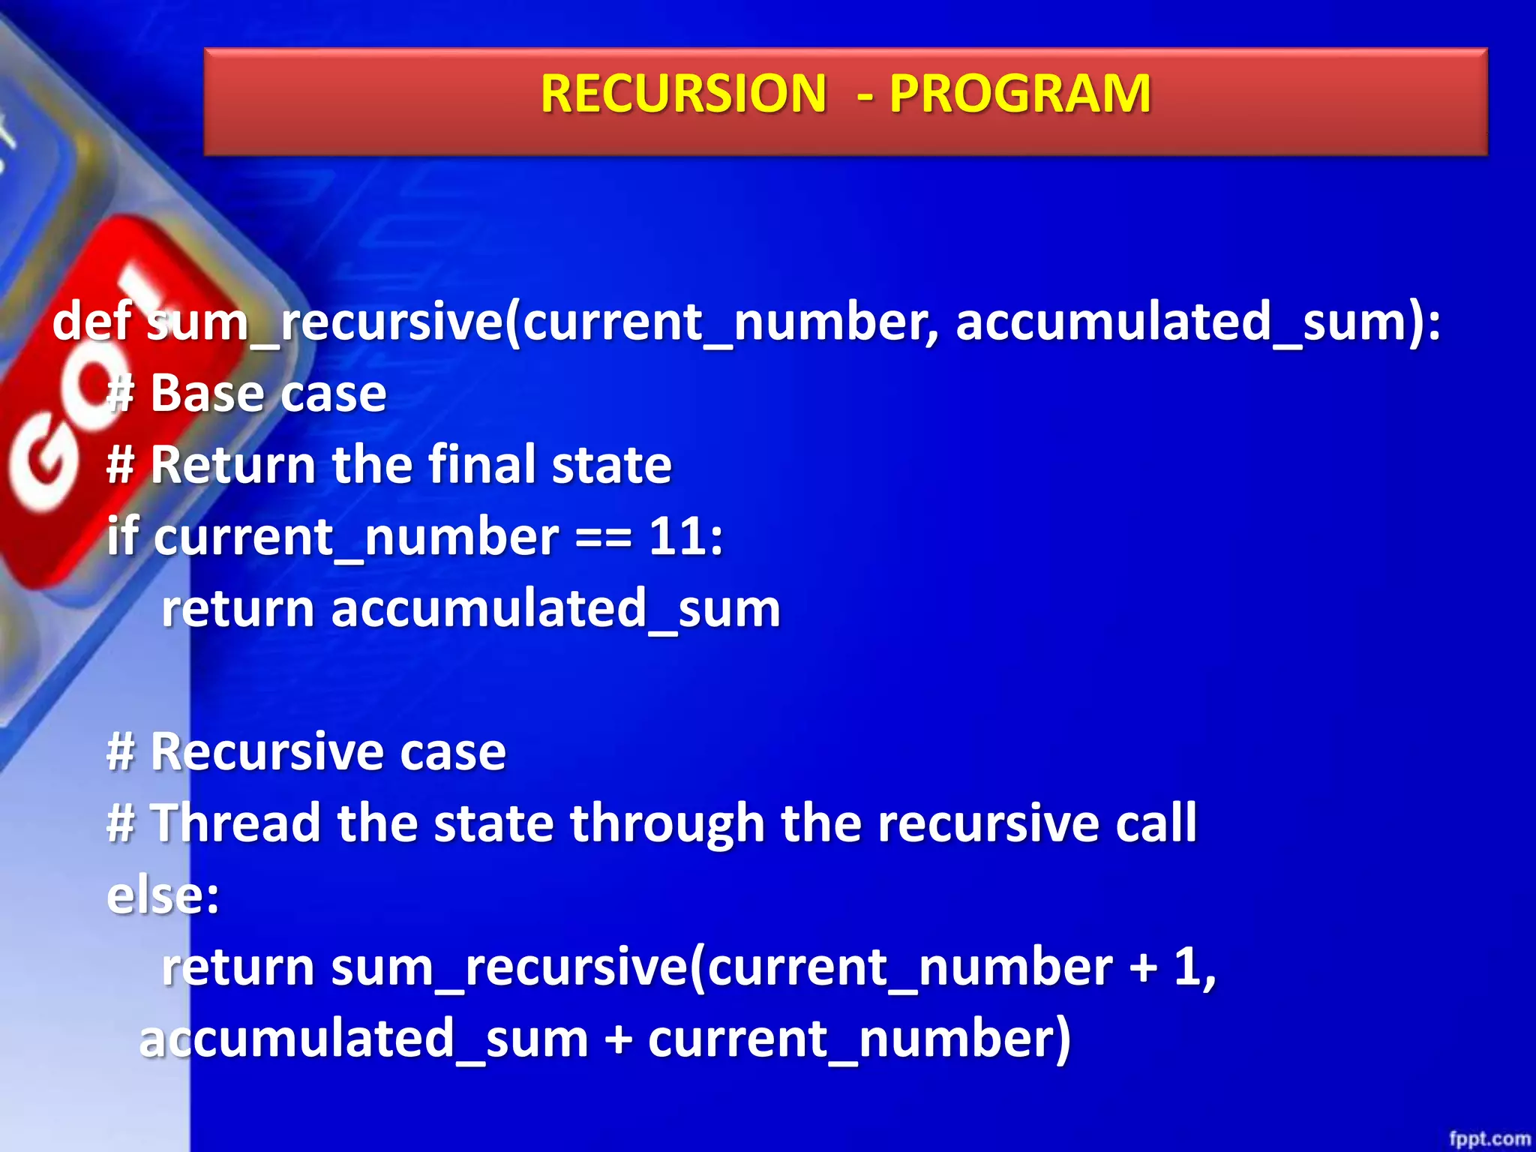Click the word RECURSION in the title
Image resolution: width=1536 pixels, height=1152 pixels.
682,94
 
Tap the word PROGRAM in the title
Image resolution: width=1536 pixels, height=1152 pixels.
1020,94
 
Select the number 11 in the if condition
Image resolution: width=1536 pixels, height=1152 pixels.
677,536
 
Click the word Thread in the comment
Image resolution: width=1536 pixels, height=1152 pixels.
235,823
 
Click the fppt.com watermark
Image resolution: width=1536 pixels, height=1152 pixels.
1489,1138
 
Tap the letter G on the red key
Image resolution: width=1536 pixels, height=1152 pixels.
45,469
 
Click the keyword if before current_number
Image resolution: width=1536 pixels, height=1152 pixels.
122,536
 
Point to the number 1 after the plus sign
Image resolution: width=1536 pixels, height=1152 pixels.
1188,967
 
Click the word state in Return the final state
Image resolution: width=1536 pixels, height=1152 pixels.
611,465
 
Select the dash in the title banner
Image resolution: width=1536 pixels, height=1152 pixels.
865,96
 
